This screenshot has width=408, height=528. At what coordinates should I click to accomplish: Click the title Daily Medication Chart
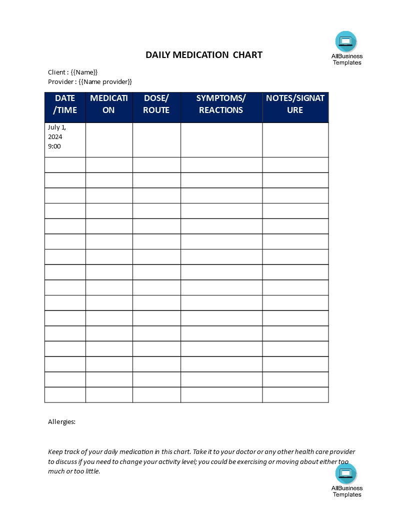point(203,55)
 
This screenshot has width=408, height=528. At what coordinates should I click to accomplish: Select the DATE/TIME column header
point(65,104)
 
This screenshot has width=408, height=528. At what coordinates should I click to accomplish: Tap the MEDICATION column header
point(109,104)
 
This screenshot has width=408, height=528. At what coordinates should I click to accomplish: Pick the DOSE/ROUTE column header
point(156,104)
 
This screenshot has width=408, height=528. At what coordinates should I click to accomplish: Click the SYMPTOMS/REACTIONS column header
point(221,104)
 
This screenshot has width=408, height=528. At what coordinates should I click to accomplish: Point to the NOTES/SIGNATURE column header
point(295,104)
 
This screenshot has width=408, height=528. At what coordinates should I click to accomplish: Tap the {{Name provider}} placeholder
point(105,82)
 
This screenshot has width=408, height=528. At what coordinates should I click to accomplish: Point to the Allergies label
point(61,422)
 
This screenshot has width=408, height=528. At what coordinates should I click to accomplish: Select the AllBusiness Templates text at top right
point(346,59)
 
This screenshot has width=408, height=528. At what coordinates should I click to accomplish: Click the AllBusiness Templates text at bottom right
point(346,491)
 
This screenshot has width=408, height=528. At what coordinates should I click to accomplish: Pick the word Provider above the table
point(61,82)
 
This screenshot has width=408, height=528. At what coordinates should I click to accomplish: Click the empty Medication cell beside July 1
point(109,140)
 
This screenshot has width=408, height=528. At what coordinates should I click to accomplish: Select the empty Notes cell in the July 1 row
point(295,140)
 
